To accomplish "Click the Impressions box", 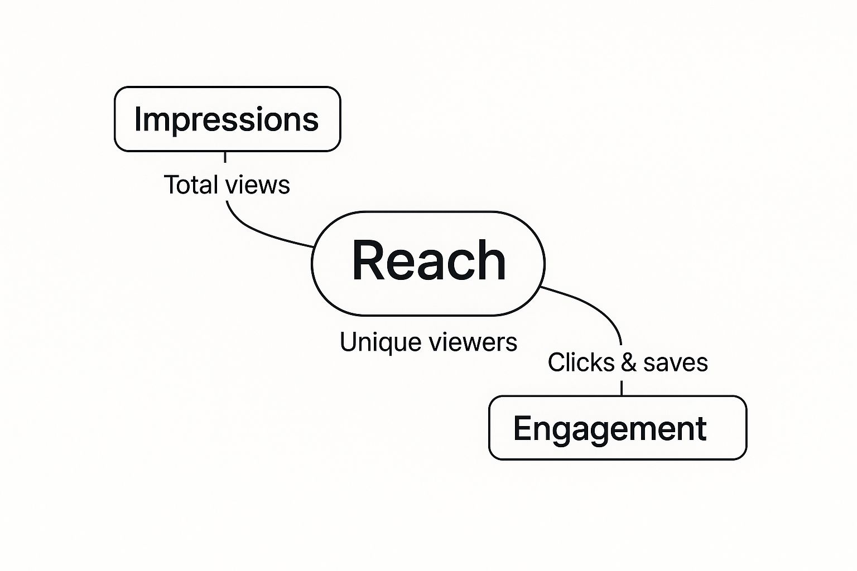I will [227, 119].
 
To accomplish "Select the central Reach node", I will [428, 263].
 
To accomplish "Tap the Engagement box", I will [617, 428].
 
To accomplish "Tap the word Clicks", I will [581, 362].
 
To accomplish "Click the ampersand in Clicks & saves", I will [628, 362].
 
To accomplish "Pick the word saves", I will [675, 363].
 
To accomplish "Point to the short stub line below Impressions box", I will [225, 157].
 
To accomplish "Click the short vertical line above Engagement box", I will [622, 388].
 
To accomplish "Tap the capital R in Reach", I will [368, 260].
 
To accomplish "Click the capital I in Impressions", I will [137, 119].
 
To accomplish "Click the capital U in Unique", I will [348, 342].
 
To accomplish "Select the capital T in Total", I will [171, 185].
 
